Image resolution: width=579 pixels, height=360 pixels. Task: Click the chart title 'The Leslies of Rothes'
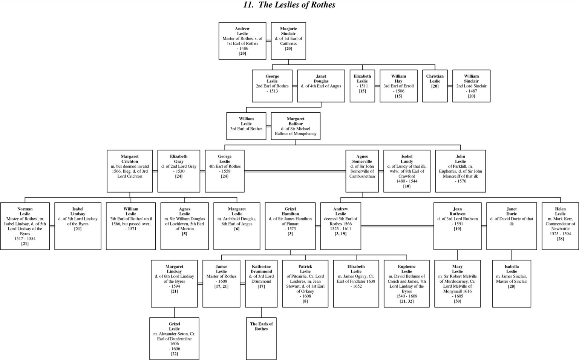(289, 5)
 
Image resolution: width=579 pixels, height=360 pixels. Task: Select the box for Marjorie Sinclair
(288, 41)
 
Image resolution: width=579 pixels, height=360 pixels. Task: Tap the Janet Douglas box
(321, 86)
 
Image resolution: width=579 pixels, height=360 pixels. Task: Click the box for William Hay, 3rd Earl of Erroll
(398, 86)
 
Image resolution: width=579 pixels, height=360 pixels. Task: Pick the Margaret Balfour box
(296, 126)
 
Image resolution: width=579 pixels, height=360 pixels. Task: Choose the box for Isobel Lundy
(407, 171)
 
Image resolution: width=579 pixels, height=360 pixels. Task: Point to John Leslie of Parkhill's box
(460, 171)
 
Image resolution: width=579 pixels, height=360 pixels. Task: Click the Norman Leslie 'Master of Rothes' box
(25, 226)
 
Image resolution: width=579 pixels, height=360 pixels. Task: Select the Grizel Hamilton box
(290, 226)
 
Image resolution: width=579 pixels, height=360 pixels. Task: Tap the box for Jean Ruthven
(457, 226)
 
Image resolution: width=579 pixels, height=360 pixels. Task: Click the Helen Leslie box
(560, 226)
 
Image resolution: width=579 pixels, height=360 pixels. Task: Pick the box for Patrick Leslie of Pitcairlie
(305, 283)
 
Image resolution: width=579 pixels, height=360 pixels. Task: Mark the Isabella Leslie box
(512, 283)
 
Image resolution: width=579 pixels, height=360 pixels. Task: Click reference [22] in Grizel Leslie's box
(174, 354)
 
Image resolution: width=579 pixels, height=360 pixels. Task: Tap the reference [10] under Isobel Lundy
(407, 186)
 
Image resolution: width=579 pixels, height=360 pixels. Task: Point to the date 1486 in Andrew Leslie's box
(242, 48)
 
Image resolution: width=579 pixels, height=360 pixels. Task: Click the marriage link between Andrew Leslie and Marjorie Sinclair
(268, 41)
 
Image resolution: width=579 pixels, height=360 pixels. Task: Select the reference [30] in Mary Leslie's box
(457, 301)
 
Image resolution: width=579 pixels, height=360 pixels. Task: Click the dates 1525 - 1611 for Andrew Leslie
(340, 229)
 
